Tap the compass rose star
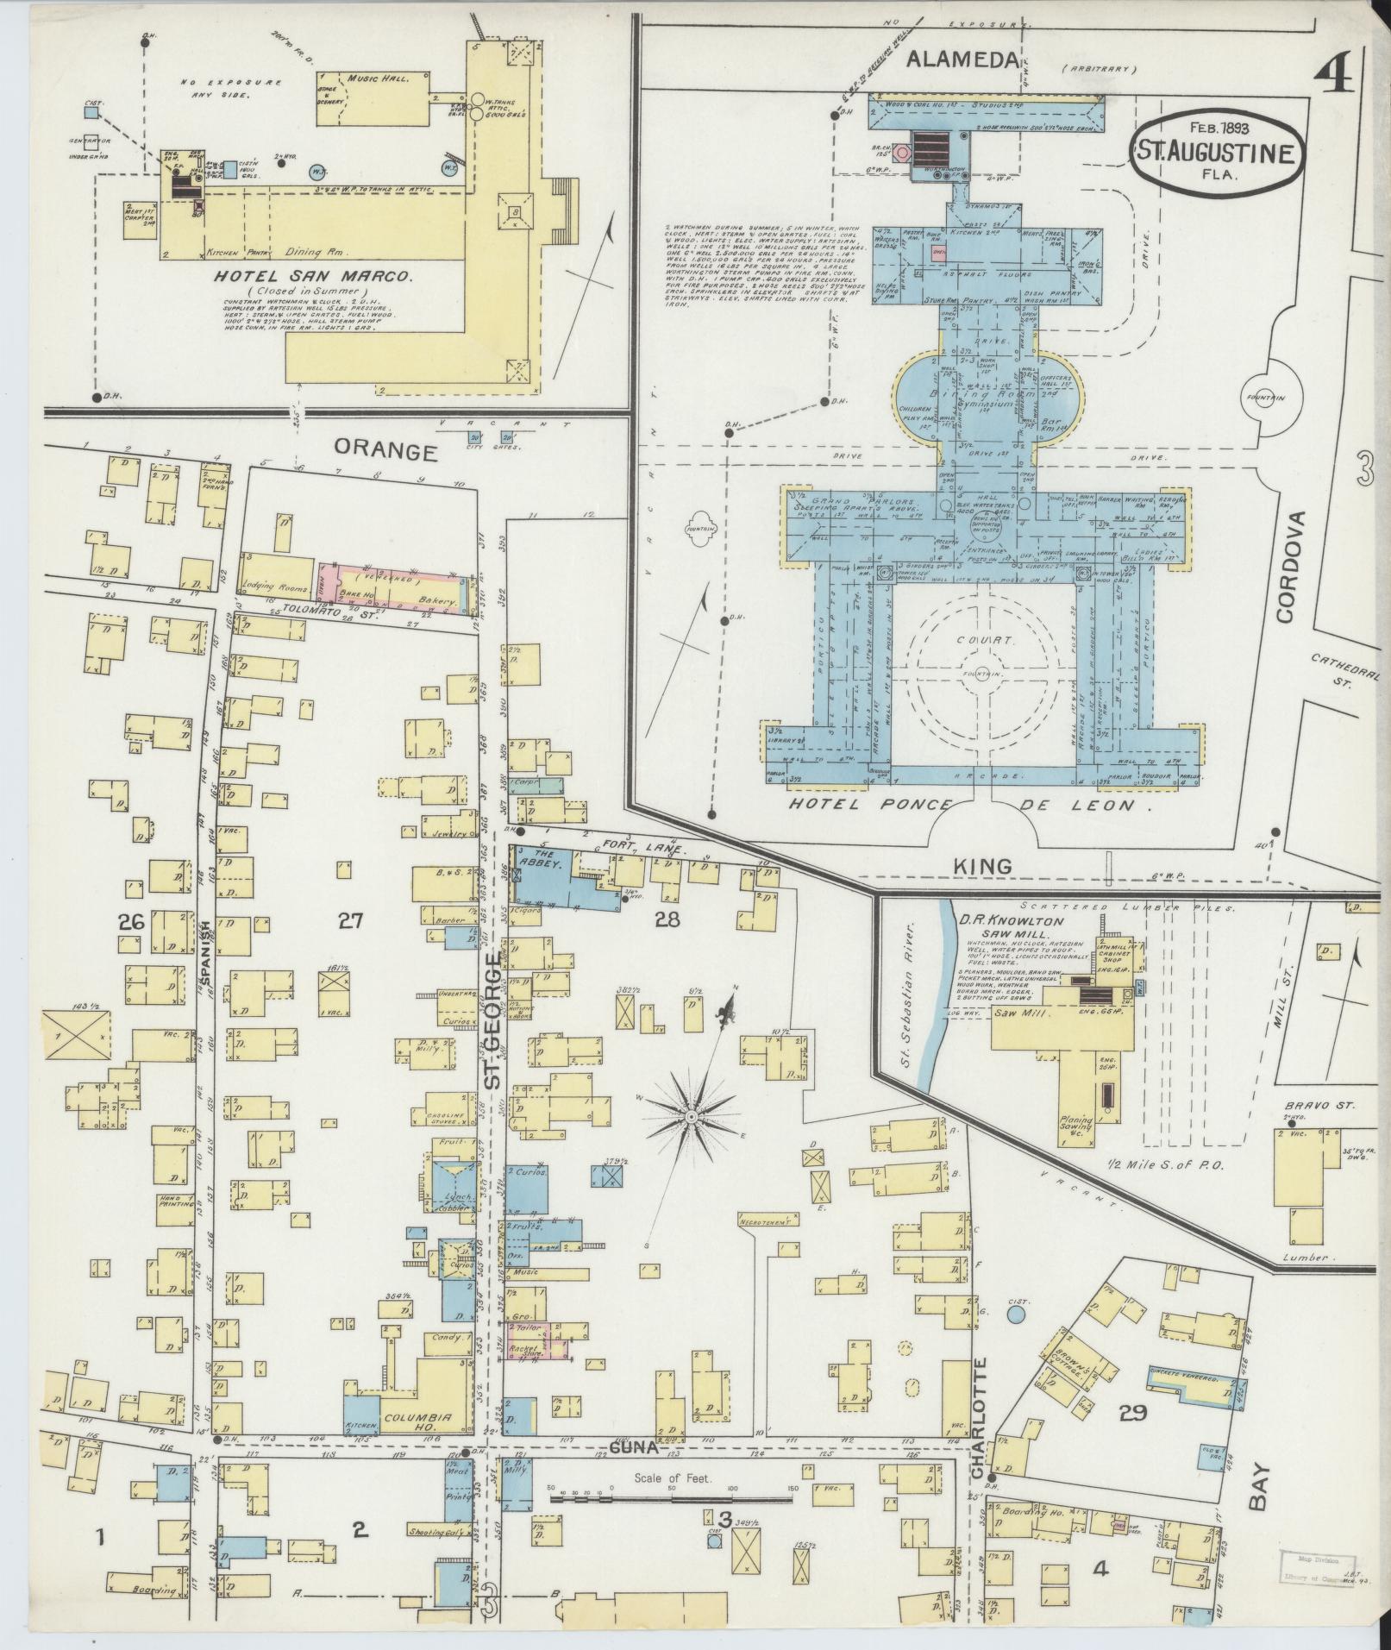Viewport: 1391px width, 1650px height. [x=690, y=1117]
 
